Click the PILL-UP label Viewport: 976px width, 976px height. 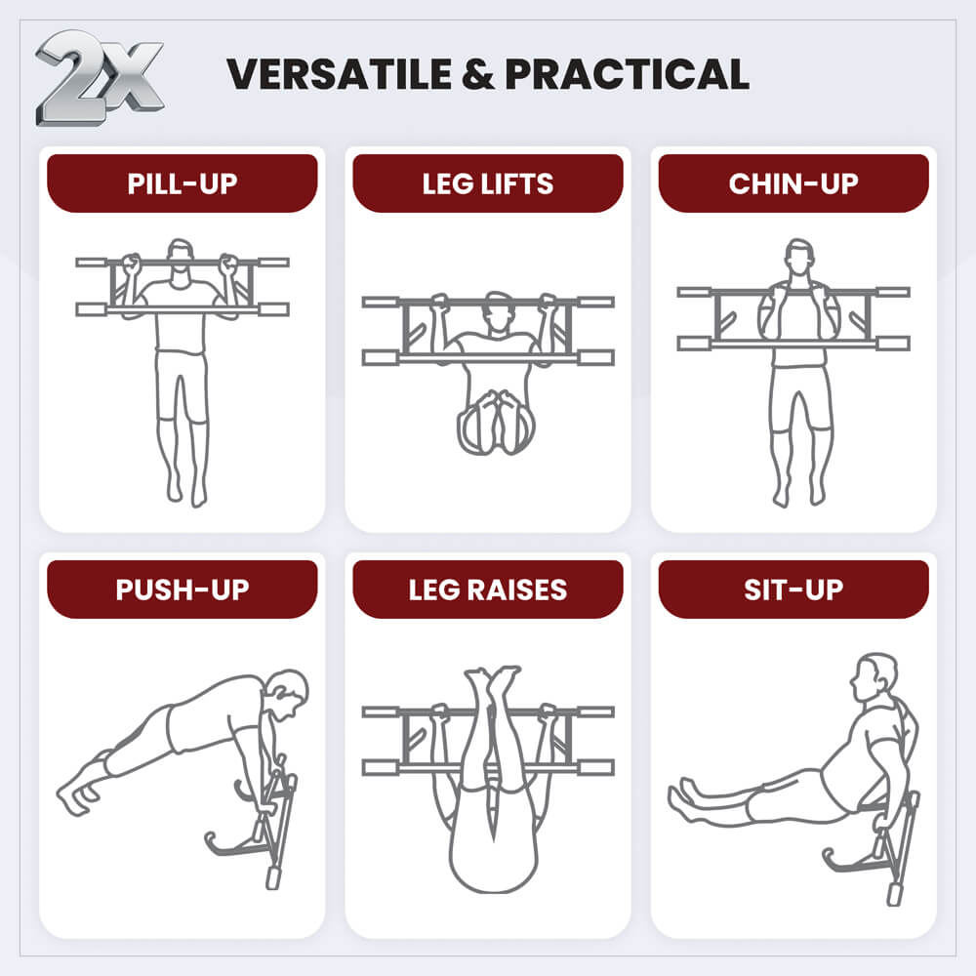tap(182, 183)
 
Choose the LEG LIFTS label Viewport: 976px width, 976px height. tap(488, 183)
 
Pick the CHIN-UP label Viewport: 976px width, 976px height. tap(793, 183)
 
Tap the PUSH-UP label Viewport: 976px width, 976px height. tap(182, 590)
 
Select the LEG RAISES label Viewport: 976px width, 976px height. tap(488, 590)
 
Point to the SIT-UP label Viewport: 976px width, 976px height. tap(793, 590)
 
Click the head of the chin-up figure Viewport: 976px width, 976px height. tap(799, 258)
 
